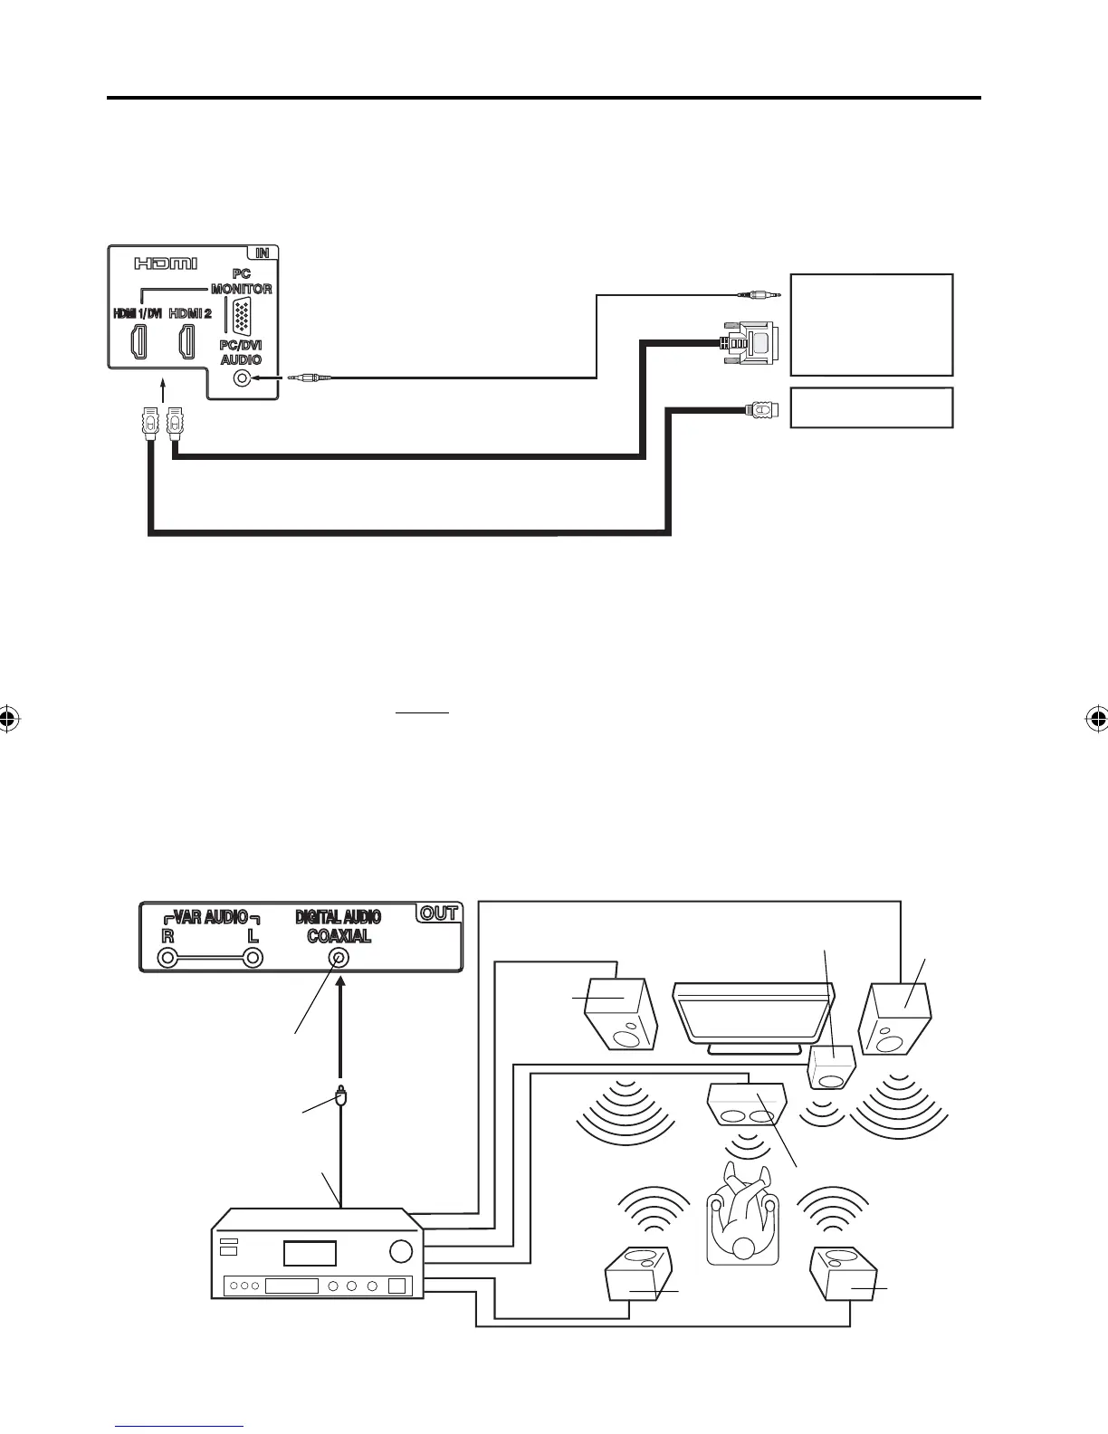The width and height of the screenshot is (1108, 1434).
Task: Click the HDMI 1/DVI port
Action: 138,341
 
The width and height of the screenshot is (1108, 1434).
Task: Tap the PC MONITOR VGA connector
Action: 242,318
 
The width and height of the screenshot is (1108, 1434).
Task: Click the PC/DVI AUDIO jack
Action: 242,378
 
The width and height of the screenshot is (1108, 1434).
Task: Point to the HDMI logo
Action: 166,263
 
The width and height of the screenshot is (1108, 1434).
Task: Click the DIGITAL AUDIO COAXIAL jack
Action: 339,958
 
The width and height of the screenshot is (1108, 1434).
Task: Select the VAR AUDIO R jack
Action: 167,958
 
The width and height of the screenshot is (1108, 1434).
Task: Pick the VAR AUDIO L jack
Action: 253,958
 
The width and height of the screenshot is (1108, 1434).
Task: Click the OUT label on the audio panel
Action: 439,913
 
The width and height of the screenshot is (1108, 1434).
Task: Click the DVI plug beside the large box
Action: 748,343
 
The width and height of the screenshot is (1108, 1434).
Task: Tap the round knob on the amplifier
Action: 400,1251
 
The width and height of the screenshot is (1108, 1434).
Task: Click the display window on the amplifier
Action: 310,1253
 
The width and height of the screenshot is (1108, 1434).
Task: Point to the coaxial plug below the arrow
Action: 340,1100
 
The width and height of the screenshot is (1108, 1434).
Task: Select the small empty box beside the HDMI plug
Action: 871,407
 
